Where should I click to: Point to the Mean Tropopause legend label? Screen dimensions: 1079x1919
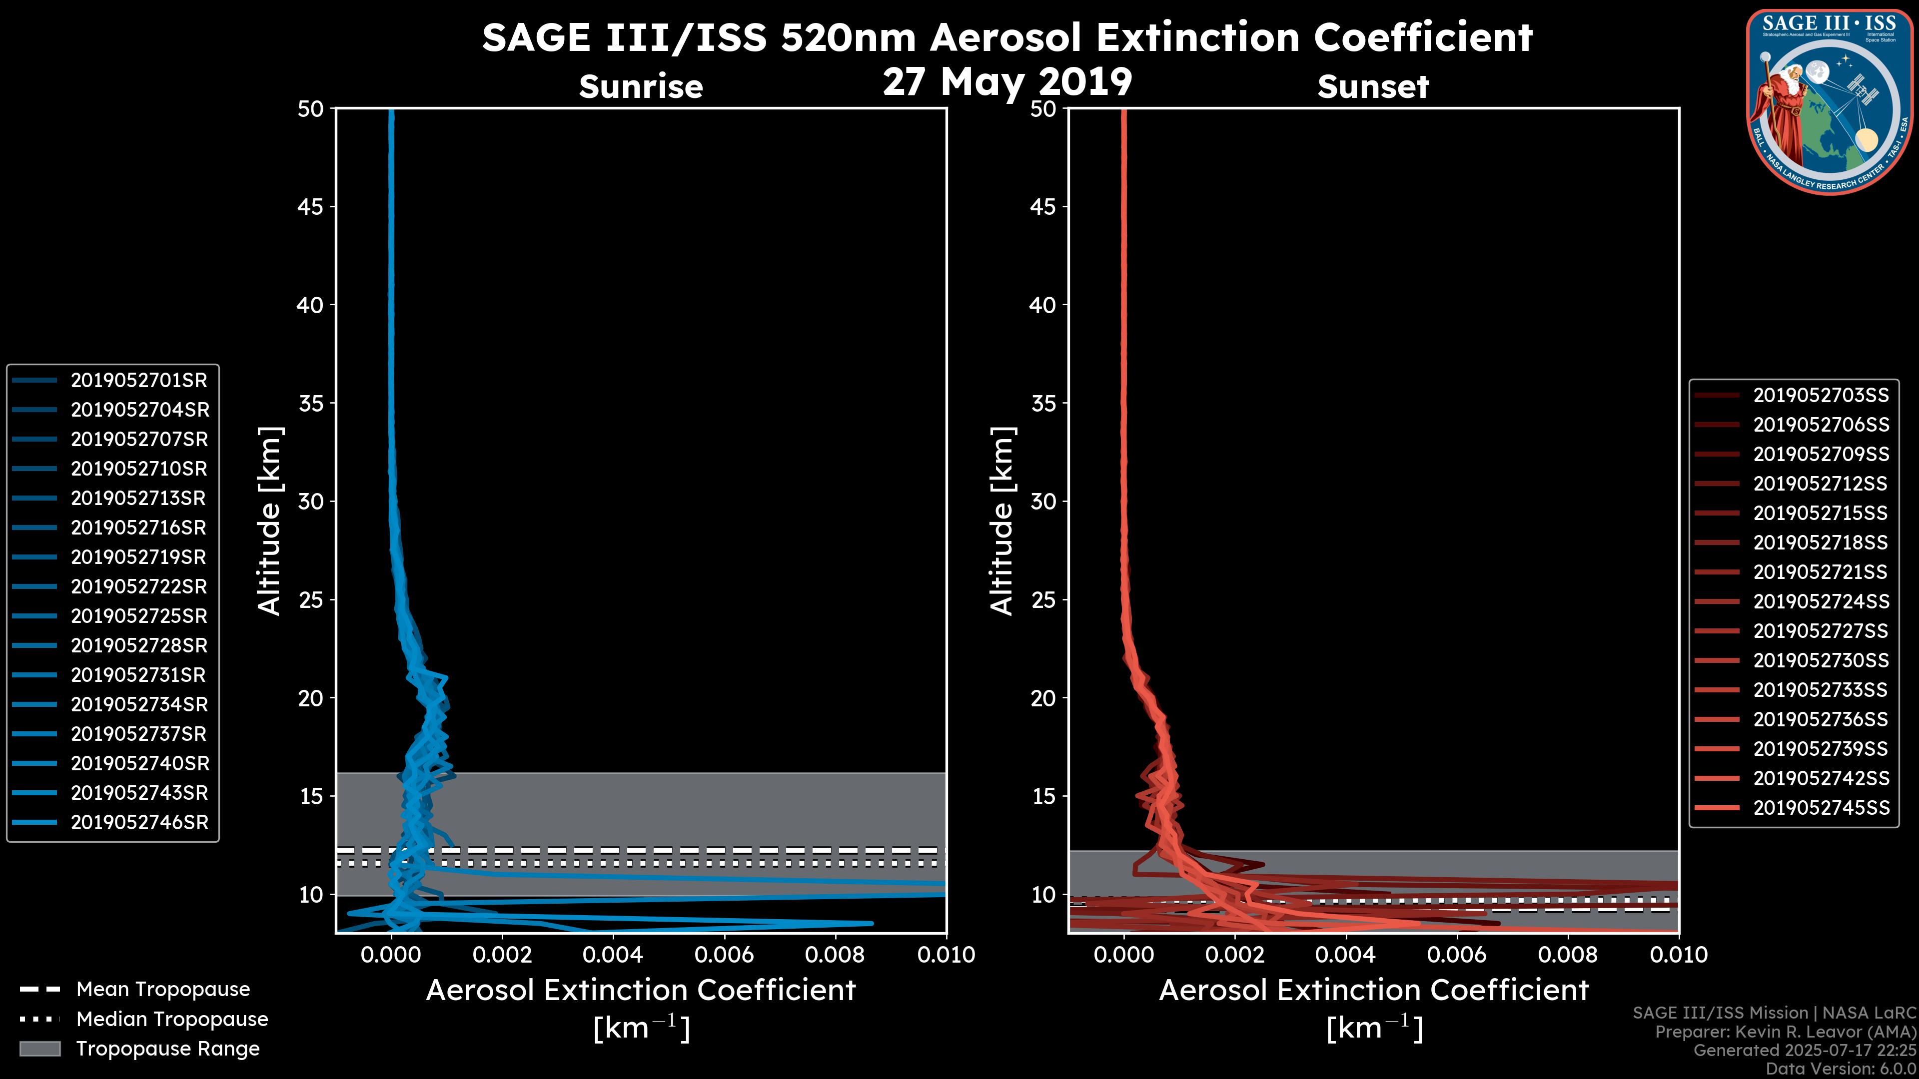163,990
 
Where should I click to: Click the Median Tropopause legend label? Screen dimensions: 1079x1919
172,1020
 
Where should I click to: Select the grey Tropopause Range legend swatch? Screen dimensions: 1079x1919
39,1049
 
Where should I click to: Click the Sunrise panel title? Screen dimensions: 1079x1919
641,87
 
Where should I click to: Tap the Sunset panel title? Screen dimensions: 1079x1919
1373,87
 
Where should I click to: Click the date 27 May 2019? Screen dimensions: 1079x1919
1007,82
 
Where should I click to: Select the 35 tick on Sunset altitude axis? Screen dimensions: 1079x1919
1043,404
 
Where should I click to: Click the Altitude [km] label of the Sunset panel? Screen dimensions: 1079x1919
1002,521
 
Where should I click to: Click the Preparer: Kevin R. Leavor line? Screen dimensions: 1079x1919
1785,1032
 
